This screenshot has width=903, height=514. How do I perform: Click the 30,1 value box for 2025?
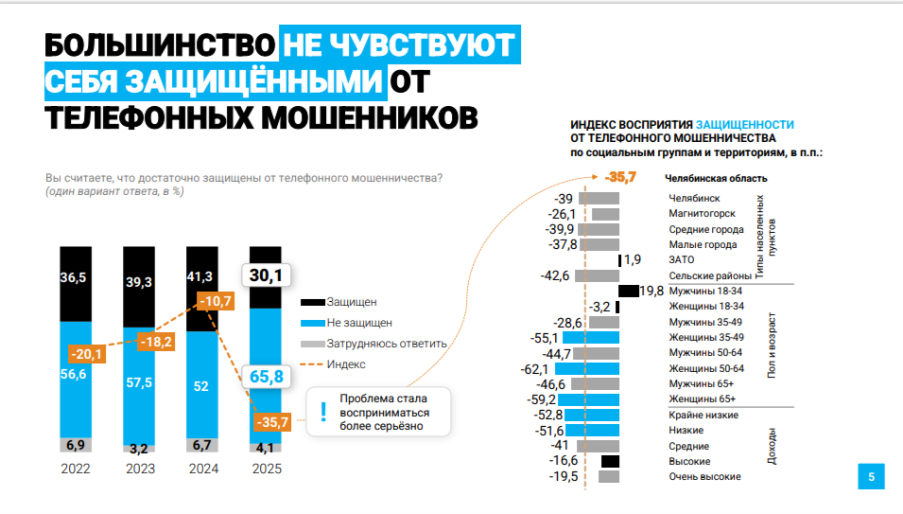[266, 275]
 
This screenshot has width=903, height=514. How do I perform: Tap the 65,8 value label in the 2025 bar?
[265, 376]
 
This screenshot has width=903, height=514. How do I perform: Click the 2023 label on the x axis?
[139, 468]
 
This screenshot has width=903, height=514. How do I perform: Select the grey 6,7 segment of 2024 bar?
[202, 445]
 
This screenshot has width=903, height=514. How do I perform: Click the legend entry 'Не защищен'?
[359, 323]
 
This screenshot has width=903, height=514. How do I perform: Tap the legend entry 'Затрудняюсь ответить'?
[386, 344]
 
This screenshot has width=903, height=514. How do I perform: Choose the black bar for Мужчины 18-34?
[629, 291]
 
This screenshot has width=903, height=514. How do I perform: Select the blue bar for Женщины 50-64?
[587, 368]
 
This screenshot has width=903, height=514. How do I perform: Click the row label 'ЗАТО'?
[681, 259]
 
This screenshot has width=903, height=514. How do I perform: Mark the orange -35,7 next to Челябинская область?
[621, 177]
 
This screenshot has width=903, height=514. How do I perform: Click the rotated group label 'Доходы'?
[772, 446]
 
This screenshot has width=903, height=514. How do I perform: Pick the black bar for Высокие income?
[610, 461]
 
